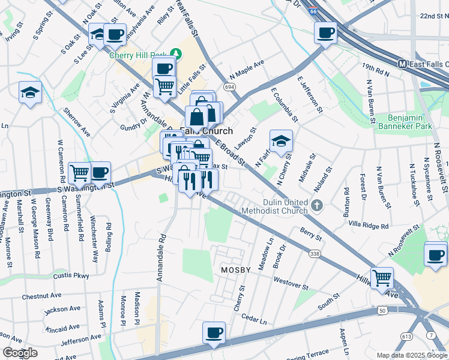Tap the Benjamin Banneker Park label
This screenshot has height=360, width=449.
410,122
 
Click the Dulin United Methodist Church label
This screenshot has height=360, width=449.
277,206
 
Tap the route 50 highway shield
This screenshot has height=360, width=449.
382,310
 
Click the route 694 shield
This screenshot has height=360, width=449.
229,87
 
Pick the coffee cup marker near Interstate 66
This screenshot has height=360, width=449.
325,32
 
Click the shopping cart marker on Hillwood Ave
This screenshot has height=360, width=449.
382,278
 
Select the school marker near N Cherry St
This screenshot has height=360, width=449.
280,141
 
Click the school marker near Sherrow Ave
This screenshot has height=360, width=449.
29,92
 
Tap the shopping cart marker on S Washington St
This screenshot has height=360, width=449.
79,173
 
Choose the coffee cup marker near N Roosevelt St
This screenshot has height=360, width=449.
435,254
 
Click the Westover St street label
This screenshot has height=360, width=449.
291,280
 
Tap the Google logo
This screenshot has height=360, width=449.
20,353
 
